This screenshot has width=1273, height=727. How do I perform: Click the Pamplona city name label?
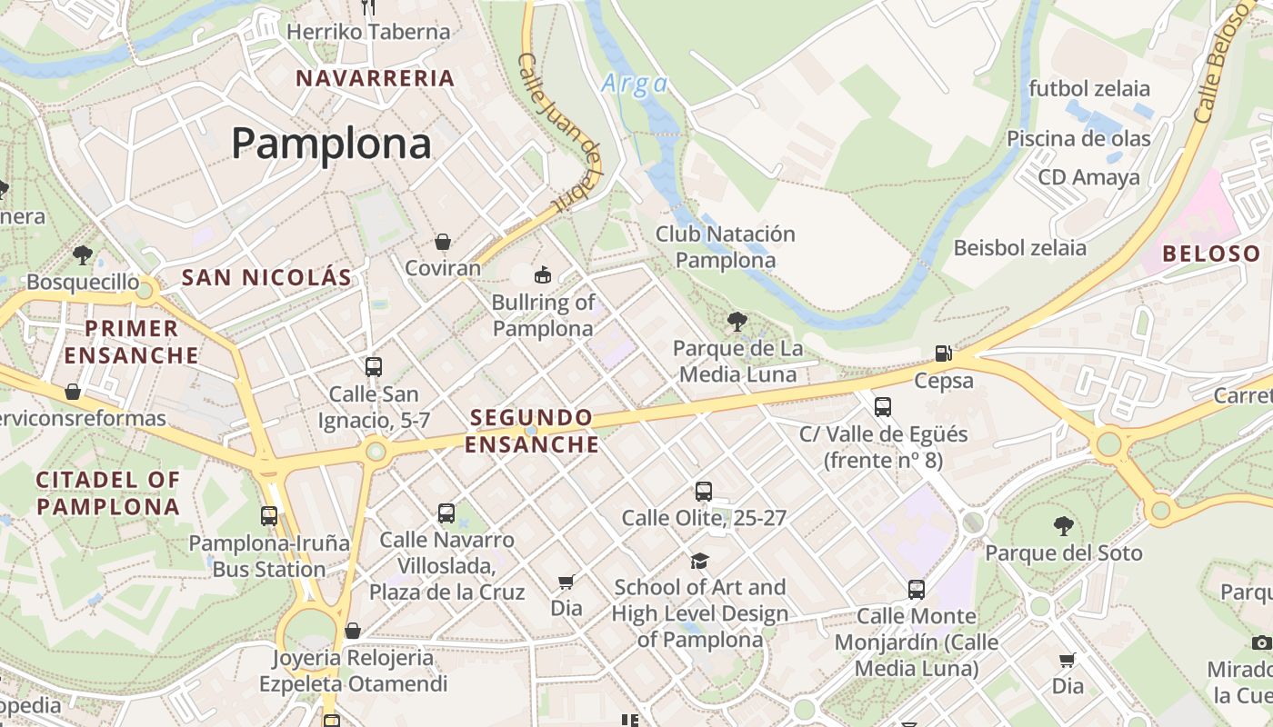pyautogui.click(x=331, y=144)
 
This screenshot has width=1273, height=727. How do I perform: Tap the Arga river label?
pyautogui.click(x=634, y=85)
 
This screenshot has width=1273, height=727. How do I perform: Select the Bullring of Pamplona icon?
pyautogui.click(x=543, y=274)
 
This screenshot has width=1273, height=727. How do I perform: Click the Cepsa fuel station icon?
pyautogui.click(x=944, y=353)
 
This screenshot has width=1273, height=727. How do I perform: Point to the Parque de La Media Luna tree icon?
pyautogui.click(x=737, y=320)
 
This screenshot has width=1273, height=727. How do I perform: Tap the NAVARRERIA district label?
pyautogui.click(x=375, y=78)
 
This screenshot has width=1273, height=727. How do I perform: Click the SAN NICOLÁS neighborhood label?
pyautogui.click(x=266, y=278)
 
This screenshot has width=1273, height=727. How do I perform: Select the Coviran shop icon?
pyautogui.click(x=443, y=241)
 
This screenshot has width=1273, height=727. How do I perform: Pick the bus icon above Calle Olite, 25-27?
pyautogui.click(x=704, y=492)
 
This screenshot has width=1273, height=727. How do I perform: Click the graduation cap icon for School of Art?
pyautogui.click(x=699, y=561)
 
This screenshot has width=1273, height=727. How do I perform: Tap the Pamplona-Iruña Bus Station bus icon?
pyautogui.click(x=269, y=516)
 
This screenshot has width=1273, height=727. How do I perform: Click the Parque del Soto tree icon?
pyautogui.click(x=1063, y=525)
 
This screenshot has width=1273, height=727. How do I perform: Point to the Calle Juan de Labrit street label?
pyautogui.click(x=560, y=132)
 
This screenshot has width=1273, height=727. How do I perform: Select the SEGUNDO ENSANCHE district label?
pyautogui.click(x=532, y=431)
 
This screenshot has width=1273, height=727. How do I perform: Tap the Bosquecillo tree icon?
pyautogui.click(x=83, y=254)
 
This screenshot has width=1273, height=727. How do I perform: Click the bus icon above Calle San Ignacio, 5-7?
pyautogui.click(x=374, y=367)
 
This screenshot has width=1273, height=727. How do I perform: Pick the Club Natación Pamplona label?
pyautogui.click(x=726, y=247)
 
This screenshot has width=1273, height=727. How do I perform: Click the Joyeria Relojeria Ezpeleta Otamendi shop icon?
pyautogui.click(x=353, y=631)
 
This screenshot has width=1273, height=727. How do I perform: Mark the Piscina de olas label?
pyautogui.click(x=1078, y=139)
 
